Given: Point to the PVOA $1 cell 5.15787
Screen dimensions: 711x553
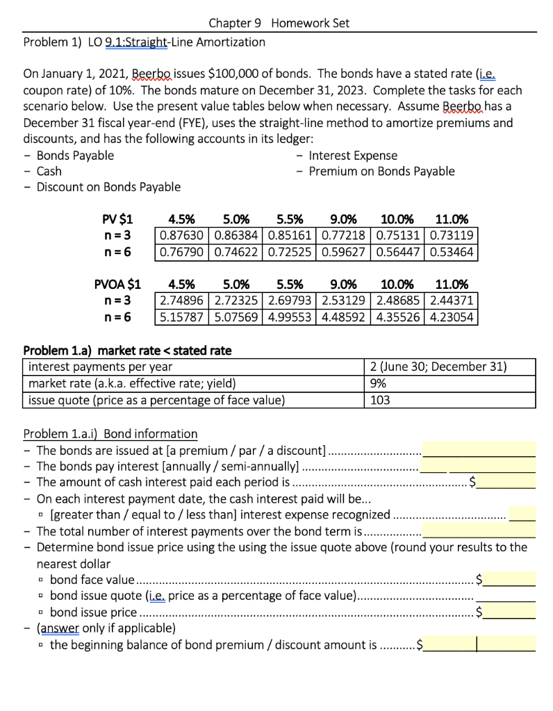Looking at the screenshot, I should point(181,316).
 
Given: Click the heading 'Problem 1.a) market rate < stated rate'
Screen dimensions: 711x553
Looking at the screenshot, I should point(128,350).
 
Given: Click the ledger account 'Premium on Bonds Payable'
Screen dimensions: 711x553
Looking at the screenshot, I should point(381,171).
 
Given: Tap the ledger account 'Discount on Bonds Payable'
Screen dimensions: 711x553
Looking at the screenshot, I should point(108,187).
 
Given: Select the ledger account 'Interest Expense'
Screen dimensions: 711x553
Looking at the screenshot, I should point(353,155).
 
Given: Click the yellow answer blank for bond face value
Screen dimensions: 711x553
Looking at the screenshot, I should point(509,578).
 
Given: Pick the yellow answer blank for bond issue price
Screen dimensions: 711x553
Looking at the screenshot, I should point(509,612).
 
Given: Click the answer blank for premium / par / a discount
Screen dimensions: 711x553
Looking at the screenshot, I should point(479,449).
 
